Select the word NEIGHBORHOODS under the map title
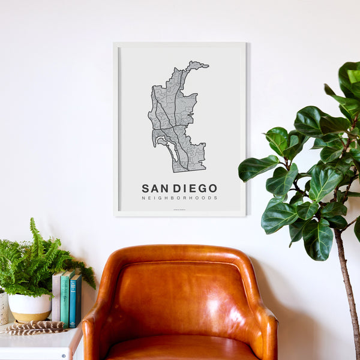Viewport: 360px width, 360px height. [179, 198]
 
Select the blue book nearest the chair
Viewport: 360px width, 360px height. [75, 300]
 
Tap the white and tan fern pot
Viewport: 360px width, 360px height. [29, 306]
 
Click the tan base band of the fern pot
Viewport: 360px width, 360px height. [29, 316]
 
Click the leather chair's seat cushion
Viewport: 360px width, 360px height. [180, 348]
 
